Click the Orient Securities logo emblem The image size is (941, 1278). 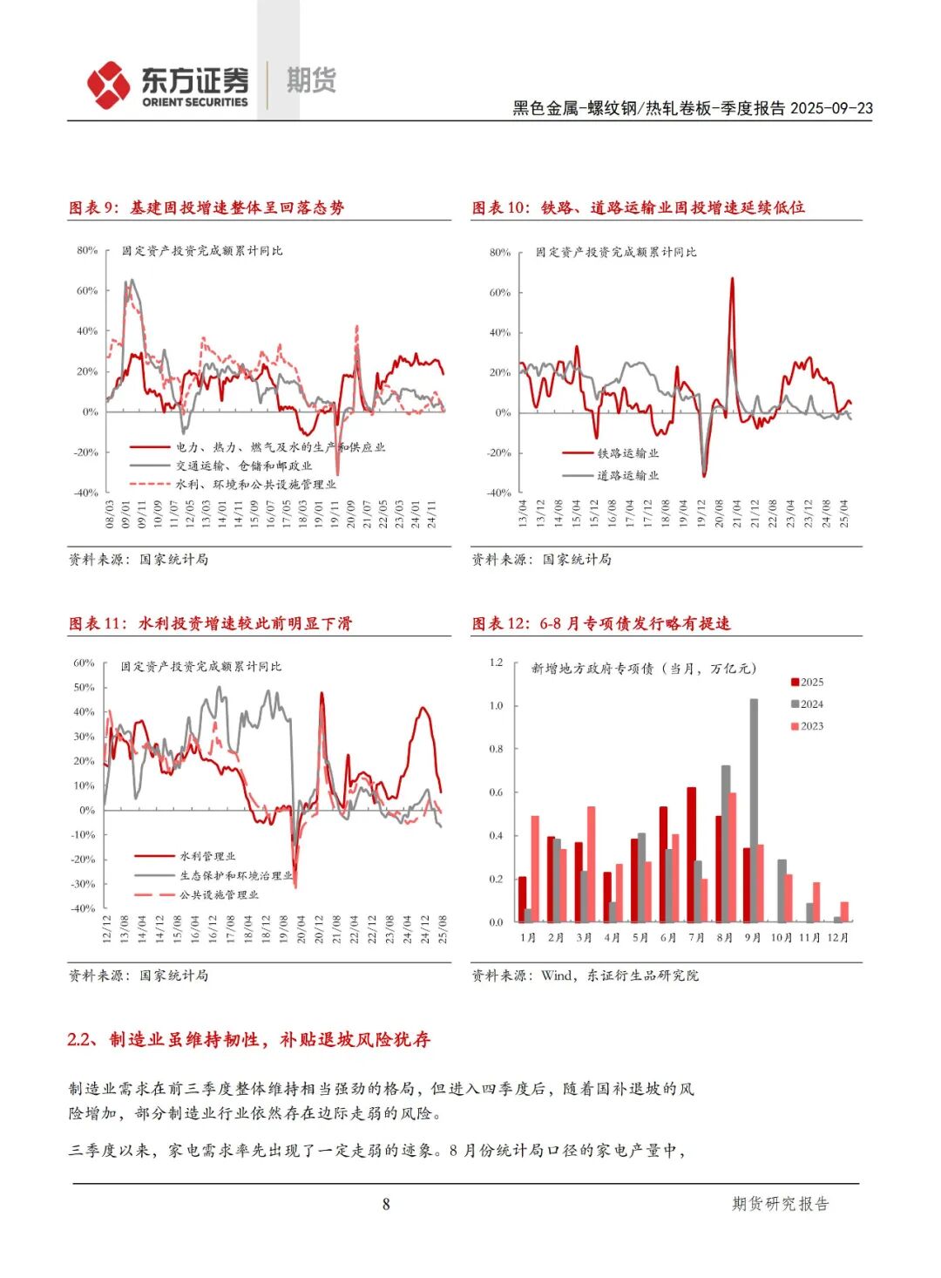tap(109, 85)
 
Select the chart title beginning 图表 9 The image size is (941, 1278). tap(206, 207)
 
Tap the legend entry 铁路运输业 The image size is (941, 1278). tap(627, 453)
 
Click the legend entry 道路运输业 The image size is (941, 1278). tap(627, 475)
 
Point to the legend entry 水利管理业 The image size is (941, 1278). tap(207, 856)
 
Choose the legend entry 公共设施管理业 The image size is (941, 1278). tap(219, 894)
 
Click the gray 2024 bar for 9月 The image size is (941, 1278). tap(754, 810)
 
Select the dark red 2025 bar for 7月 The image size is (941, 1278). tap(692, 854)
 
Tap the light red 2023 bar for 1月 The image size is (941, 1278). tap(535, 868)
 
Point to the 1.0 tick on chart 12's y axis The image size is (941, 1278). tap(496, 705)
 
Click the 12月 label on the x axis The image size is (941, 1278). tap(838, 937)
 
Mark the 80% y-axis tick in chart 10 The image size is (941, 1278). tap(500, 252)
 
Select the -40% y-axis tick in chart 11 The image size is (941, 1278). tap(84, 908)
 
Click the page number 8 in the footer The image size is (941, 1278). tap(386, 1204)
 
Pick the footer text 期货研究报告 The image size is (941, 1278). tap(780, 1204)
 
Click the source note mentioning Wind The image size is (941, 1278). tap(585, 975)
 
